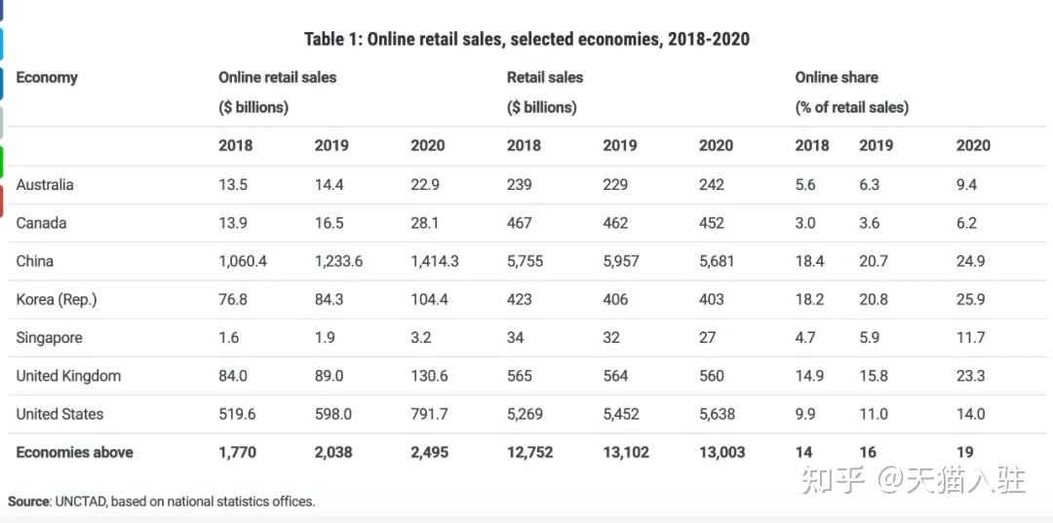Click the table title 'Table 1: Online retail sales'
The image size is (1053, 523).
coord(526,39)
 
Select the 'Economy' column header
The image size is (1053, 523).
coord(47,78)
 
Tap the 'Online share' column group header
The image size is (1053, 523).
coord(836,78)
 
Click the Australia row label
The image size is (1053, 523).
coord(45,185)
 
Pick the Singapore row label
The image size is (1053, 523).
coord(49,338)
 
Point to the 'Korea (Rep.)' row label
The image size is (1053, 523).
coord(57,300)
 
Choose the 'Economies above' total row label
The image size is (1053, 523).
coord(74,452)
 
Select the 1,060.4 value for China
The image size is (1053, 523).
coord(243,262)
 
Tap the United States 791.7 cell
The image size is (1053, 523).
coord(429,414)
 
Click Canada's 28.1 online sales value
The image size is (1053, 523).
coord(424,223)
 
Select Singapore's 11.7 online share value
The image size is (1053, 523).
coord(970,338)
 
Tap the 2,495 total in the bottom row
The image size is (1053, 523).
coord(429,452)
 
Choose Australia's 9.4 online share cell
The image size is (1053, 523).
coord(966,185)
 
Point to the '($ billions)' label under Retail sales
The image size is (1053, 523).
coord(541,107)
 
